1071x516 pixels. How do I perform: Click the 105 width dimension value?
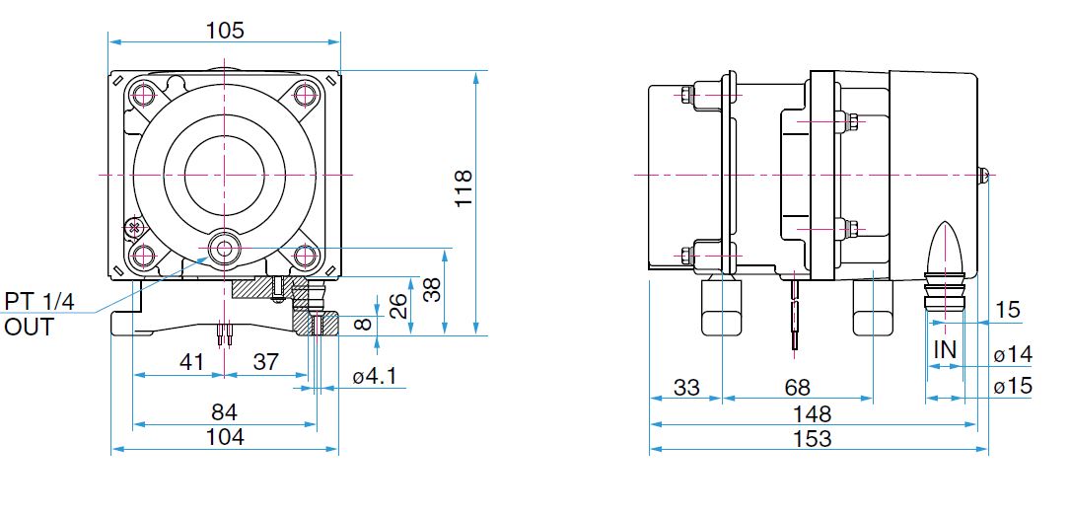coord(225,30)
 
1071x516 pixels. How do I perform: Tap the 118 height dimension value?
coord(464,188)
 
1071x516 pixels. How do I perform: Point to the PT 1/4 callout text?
coord(38,301)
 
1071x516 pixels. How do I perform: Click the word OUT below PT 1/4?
coord(29,327)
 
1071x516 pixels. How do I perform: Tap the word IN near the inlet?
coord(946,350)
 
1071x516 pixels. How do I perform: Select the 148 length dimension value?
coord(813,413)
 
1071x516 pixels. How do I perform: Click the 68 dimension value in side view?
coord(797,388)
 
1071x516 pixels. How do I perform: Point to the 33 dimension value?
coord(686,388)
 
